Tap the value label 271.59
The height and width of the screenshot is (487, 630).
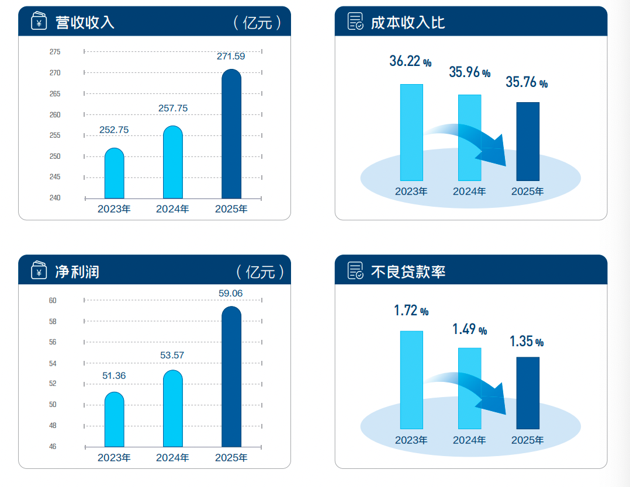231,57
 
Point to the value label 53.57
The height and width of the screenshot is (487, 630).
173,355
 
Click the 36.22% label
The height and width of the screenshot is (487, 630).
410,61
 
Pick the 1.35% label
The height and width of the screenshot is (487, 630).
527,342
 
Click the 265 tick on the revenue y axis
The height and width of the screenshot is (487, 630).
55,94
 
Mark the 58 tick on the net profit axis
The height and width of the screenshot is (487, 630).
53,322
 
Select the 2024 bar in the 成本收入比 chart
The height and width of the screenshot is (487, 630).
469,137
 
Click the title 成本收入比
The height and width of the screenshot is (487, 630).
408,22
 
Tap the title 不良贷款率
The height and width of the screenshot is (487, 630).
408,272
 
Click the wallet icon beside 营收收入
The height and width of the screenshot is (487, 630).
39,22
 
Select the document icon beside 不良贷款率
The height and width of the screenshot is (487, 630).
355,271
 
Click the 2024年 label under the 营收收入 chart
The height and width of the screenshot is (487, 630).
172,209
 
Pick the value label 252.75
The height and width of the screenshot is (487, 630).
114,130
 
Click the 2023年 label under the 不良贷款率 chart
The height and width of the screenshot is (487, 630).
411,440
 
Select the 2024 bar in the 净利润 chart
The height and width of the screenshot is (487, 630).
173,409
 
